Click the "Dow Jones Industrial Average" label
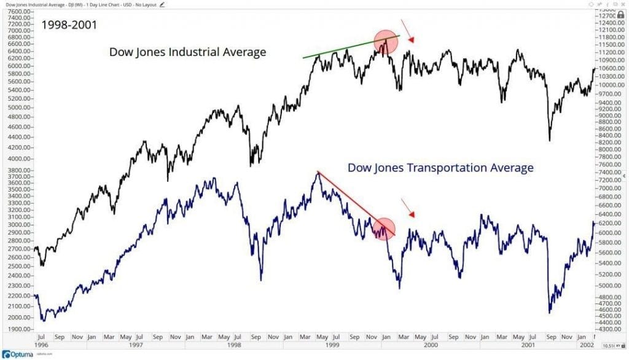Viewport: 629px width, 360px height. (x=187, y=52)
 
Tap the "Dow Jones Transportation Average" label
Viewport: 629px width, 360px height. (x=440, y=167)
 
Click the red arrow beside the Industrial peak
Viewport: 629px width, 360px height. (x=407, y=31)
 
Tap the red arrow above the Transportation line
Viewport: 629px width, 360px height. (x=407, y=208)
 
